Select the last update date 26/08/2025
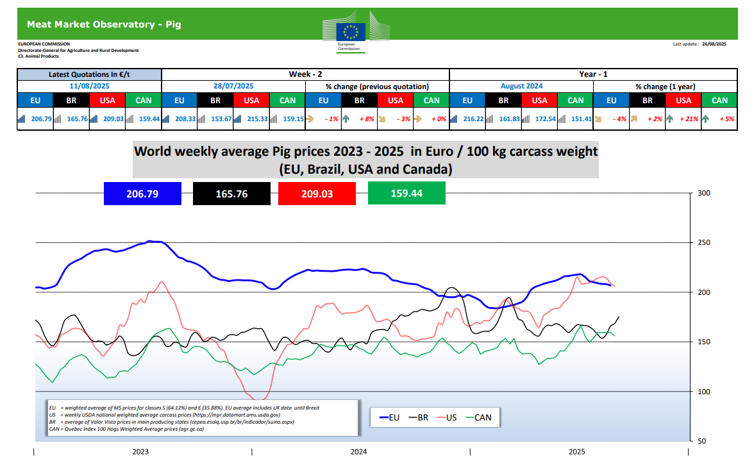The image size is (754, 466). [x=713, y=44]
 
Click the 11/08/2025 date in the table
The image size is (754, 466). [x=89, y=86]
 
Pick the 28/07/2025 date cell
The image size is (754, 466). [x=233, y=86]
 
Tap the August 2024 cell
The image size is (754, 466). [x=521, y=86]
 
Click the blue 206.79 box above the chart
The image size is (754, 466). [x=142, y=193]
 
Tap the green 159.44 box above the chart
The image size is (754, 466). [x=406, y=193]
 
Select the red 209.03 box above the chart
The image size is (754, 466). [x=317, y=193]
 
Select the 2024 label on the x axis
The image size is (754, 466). [x=359, y=452]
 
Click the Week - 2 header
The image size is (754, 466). [x=305, y=74]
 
